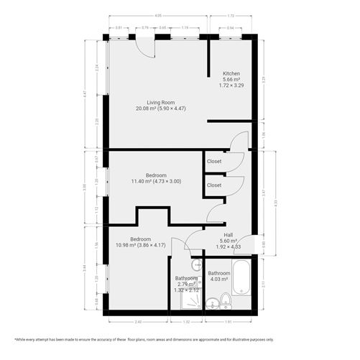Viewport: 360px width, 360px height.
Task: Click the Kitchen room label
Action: (231, 73)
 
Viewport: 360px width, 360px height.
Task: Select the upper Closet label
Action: (213, 161)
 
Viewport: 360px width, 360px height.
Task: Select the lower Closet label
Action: (213, 185)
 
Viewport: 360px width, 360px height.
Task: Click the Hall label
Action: (228, 235)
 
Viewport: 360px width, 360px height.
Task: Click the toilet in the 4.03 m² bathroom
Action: (225, 300)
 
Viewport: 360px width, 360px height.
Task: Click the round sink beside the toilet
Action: (212, 305)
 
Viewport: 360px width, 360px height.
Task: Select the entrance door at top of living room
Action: (146, 46)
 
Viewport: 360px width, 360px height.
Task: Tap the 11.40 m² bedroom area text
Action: (156, 181)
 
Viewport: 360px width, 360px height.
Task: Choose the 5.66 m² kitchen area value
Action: (231, 80)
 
